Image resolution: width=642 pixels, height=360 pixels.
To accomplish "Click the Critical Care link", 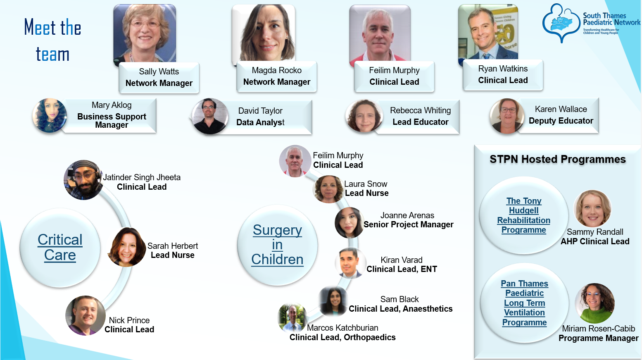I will click(60, 247).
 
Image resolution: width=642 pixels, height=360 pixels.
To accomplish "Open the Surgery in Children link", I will click(277, 245).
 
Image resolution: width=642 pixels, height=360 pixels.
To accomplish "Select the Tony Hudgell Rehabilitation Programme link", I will click(524, 215).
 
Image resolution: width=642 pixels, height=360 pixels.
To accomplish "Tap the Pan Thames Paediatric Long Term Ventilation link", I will click(525, 303).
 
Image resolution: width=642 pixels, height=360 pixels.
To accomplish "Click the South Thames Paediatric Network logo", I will click(591, 23).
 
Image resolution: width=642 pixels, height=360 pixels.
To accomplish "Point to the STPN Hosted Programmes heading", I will click(558, 159).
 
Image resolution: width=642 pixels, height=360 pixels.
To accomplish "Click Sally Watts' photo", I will click(145, 33).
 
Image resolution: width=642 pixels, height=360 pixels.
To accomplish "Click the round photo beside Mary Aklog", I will click(50, 115).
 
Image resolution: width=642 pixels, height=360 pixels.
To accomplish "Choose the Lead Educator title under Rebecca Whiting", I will click(420, 122).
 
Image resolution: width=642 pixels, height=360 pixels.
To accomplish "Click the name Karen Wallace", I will click(561, 109).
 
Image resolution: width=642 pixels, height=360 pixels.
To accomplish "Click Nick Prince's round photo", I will click(85, 315).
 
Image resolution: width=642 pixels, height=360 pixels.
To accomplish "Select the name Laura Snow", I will click(366, 184).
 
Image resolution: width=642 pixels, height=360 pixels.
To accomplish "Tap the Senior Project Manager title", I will click(408, 224).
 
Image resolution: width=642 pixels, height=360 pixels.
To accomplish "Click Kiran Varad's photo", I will click(350, 263).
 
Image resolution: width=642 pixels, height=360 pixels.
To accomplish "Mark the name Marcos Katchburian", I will click(342, 328).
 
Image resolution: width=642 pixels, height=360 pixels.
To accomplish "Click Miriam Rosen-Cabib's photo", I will click(594, 303).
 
